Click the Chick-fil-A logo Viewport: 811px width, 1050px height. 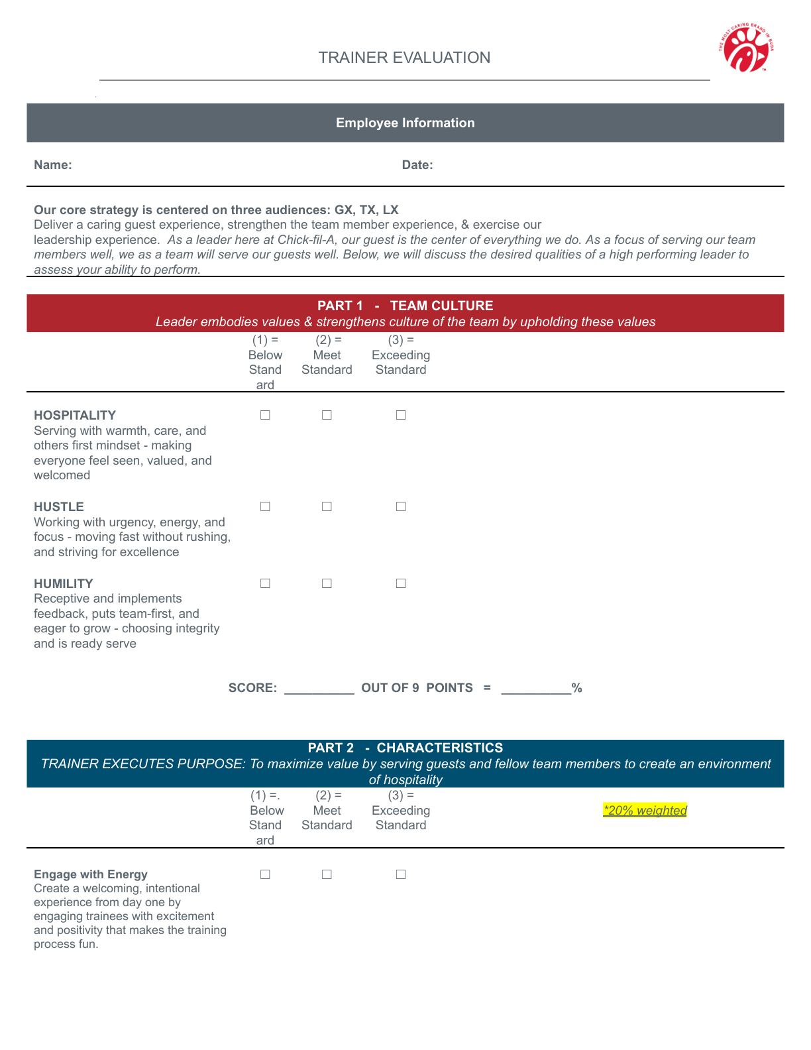pyautogui.click(x=746, y=48)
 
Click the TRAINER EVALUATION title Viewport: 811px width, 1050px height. pyautogui.click(x=404, y=58)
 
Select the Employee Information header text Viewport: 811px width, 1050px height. pyautogui.click(x=405, y=123)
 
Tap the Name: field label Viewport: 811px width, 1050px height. pyautogui.click(x=53, y=165)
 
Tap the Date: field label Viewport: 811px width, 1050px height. pyautogui.click(x=417, y=165)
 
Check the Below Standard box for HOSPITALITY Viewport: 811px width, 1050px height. pyautogui.click(x=265, y=415)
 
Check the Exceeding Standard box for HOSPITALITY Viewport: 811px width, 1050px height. pyautogui.click(x=401, y=415)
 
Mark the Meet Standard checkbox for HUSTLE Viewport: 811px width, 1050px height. pyautogui.click(x=327, y=506)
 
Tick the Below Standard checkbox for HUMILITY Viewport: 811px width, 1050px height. pyautogui.click(x=265, y=583)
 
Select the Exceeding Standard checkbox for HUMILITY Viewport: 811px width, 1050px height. pyautogui.click(x=401, y=583)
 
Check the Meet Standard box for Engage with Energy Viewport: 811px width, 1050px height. pyautogui.click(x=327, y=874)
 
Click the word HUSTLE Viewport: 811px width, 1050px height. pyautogui.click(x=59, y=507)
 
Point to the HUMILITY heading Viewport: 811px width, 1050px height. pyautogui.click(x=64, y=584)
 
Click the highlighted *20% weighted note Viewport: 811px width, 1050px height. pyautogui.click(x=645, y=810)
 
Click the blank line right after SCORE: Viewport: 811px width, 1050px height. pyautogui.click(x=319, y=689)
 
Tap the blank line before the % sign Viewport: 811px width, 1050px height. pyautogui.click(x=536, y=689)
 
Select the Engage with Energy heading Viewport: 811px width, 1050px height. pyautogui.click(x=91, y=874)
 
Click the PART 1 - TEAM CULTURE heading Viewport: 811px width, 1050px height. pyautogui.click(x=405, y=306)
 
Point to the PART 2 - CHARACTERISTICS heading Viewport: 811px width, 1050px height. pyautogui.click(x=405, y=748)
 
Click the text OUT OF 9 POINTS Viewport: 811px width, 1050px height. pyautogui.click(x=417, y=688)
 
